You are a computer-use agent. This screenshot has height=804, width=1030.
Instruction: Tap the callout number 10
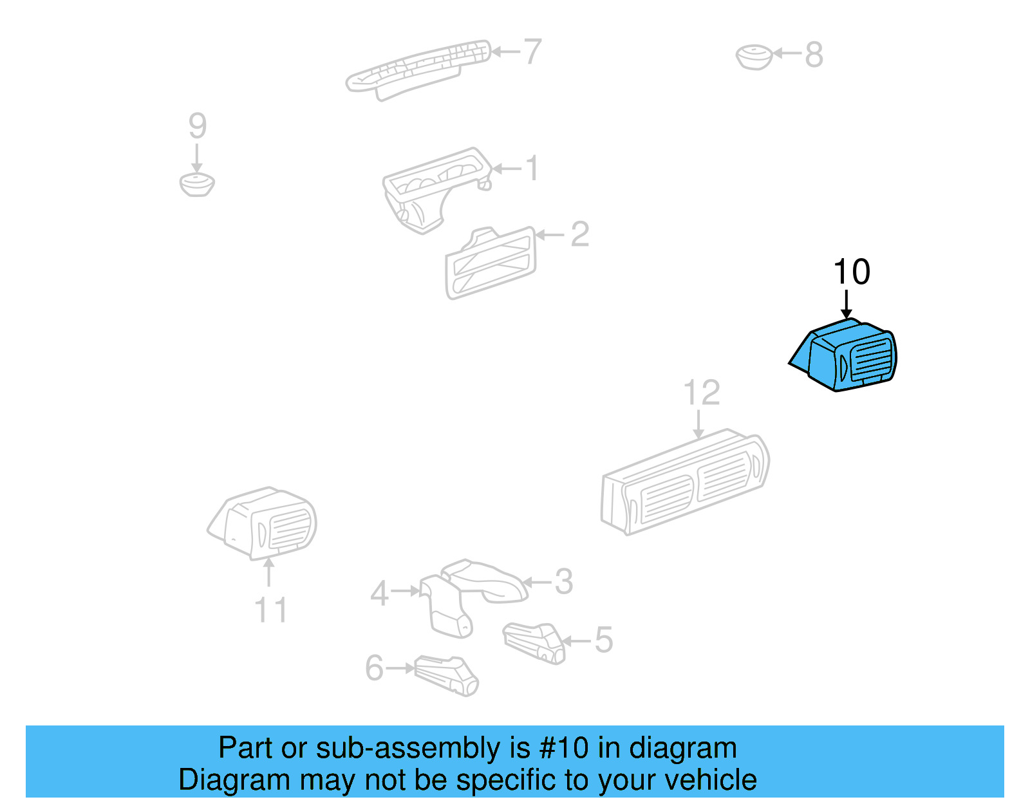pyautogui.click(x=851, y=272)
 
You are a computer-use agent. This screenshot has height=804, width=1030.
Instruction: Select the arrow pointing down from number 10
pyautogui.click(x=847, y=304)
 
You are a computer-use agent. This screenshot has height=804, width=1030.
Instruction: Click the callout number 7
pyautogui.click(x=532, y=51)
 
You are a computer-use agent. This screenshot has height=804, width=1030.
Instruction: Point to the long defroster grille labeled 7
pyautogui.click(x=418, y=68)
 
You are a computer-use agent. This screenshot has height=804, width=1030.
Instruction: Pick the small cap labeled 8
pyautogui.click(x=754, y=57)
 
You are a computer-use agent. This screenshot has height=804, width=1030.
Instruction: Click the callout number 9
pyautogui.click(x=197, y=126)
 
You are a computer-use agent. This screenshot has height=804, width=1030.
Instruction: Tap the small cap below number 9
pyautogui.click(x=197, y=184)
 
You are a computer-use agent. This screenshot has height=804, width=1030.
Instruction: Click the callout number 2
pyautogui.click(x=579, y=234)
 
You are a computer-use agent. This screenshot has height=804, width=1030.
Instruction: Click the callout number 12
pyautogui.click(x=701, y=393)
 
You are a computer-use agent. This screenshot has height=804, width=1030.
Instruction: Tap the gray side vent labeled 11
pyautogui.click(x=264, y=522)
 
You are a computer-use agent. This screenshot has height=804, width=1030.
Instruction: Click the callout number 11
pyautogui.click(x=270, y=610)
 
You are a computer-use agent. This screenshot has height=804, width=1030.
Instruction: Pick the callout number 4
pyautogui.click(x=379, y=593)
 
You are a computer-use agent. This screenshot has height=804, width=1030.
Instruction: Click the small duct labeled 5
pyautogui.click(x=534, y=642)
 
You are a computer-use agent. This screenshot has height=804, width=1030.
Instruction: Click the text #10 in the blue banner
pyautogui.click(x=563, y=748)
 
